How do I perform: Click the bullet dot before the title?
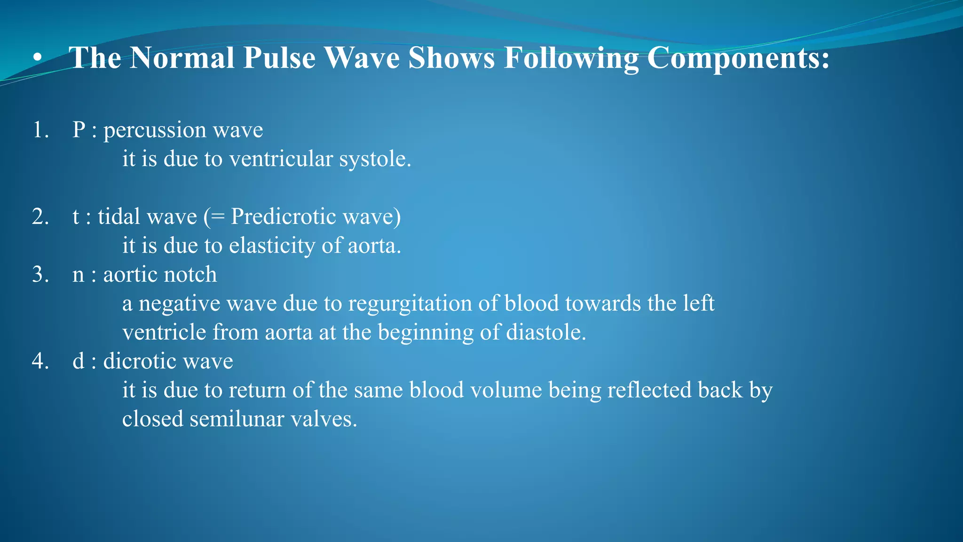[x=38, y=58]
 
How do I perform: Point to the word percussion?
[x=154, y=131]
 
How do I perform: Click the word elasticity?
[x=272, y=246]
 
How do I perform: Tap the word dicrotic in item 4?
[x=139, y=362]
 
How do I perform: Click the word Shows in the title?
[x=451, y=58]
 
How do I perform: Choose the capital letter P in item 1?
[x=79, y=130]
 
